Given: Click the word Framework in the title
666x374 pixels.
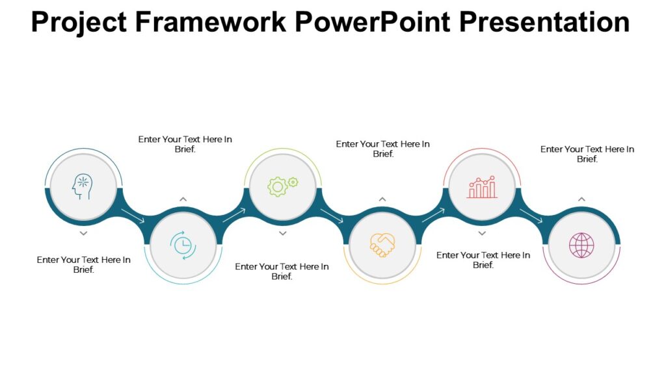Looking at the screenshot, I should coord(209,22).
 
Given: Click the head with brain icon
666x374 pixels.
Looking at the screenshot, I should coord(83,187).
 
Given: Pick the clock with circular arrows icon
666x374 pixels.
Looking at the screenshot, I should coord(183,245).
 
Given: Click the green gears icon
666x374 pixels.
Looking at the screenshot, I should coord(283,186).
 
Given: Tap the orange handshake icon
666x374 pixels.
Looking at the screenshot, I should coord(382,245).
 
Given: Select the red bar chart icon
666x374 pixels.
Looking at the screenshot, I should coord(482,187).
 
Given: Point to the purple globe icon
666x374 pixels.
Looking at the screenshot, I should coord(581,245).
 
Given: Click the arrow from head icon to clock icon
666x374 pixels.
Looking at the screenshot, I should coord(133,216).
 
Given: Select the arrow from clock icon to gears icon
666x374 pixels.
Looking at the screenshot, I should coord(234,216).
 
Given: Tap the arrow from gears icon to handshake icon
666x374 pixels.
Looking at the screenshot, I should coord(332,216).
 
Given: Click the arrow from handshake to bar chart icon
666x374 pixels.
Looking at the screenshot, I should coord(434,216).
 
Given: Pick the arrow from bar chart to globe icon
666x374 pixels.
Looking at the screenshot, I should coord(531,216).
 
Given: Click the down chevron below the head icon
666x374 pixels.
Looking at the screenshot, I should coord(83,232).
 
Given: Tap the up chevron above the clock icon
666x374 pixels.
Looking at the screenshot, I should coord(183,199).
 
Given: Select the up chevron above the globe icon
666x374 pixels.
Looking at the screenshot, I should coord(581,199).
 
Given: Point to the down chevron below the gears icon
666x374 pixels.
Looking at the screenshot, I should coord(282,232).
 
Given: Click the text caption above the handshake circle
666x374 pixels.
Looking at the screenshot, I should coord(383,149).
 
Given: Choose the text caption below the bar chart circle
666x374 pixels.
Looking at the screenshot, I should coord(483,260).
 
